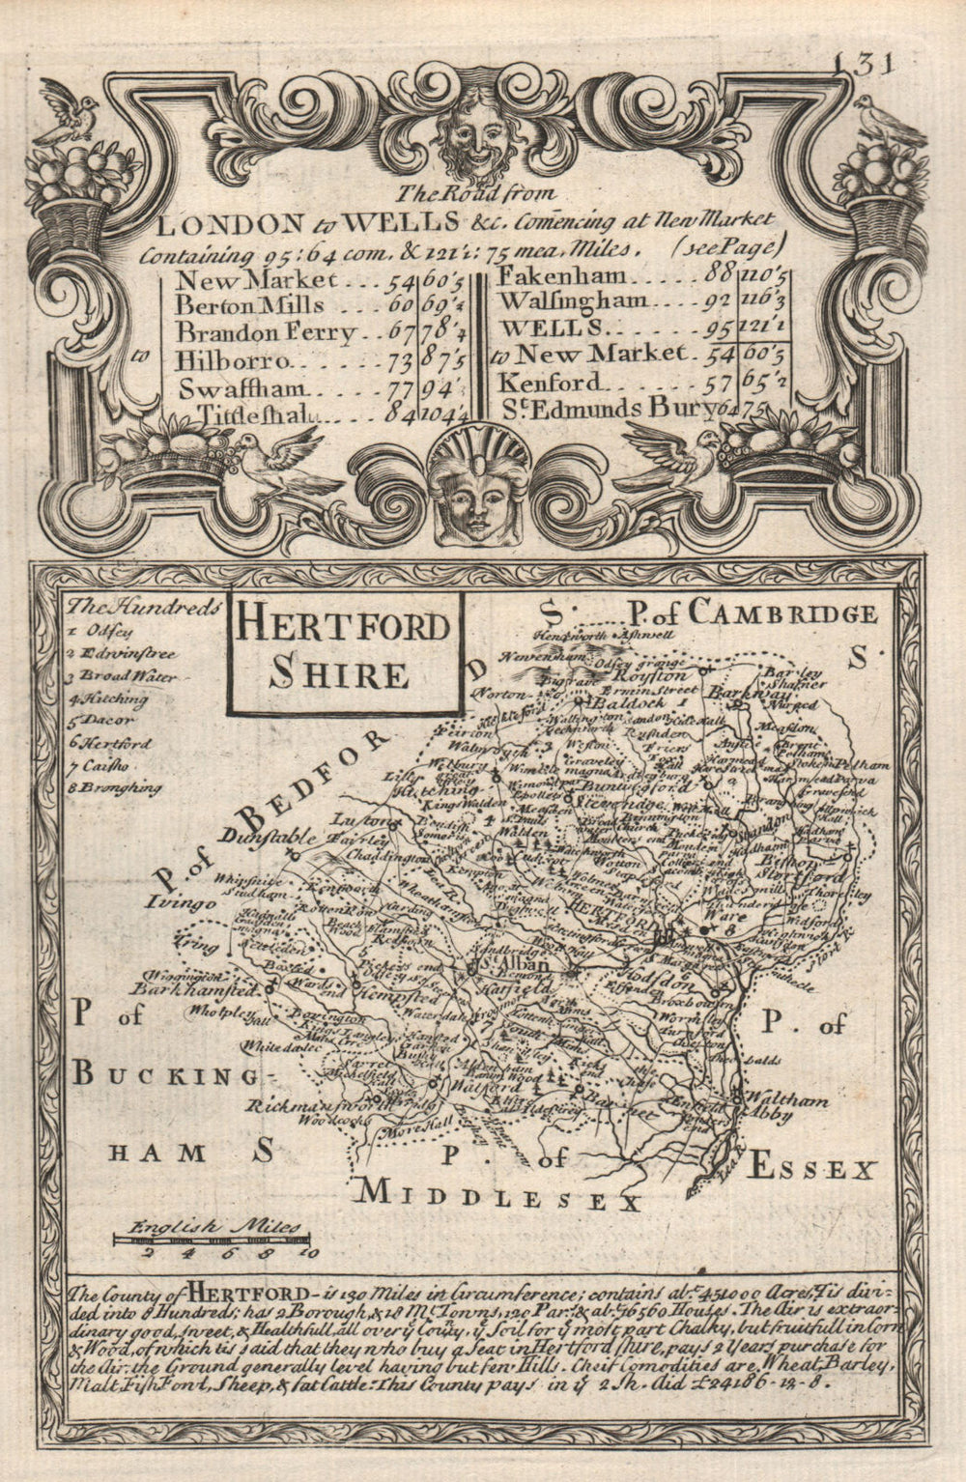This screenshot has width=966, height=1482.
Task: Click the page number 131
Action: (x=863, y=63)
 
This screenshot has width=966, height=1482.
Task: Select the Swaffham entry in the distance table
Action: (x=241, y=388)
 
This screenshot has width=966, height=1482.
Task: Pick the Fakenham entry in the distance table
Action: (x=557, y=277)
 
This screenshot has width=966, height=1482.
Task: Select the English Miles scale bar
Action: (x=211, y=1237)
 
